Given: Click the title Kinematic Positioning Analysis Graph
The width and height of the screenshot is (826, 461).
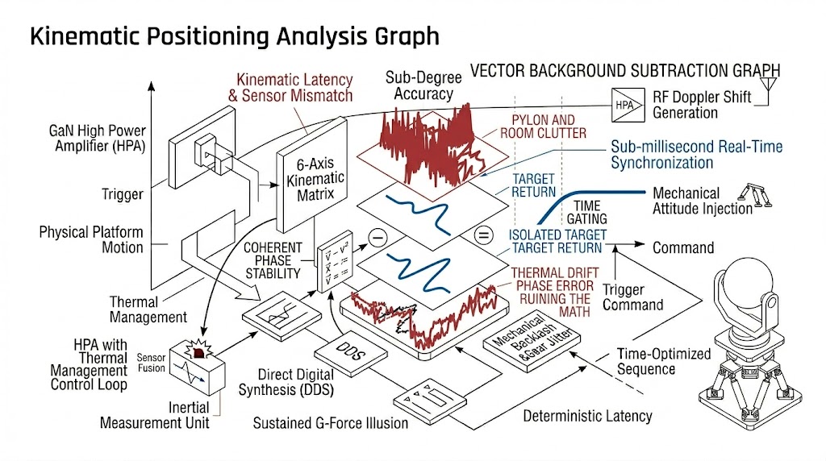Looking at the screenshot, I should point(235,36).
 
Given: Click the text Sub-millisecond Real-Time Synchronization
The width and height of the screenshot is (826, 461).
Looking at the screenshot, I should point(696,155).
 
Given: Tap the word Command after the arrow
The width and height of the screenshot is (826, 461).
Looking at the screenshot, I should point(683,248).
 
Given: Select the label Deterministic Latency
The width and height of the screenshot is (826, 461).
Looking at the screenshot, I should point(587,416).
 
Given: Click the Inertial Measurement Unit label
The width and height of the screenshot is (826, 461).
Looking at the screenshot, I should point(155,415).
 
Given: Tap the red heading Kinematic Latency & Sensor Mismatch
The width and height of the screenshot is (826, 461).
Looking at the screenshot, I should point(294,88).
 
